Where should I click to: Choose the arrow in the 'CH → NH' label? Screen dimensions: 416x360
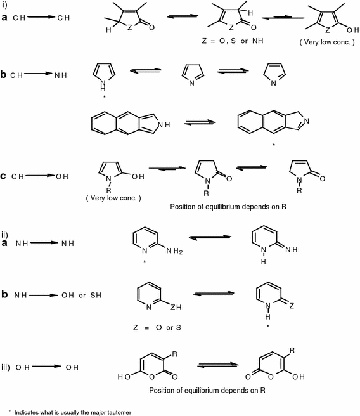tap(40, 74)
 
